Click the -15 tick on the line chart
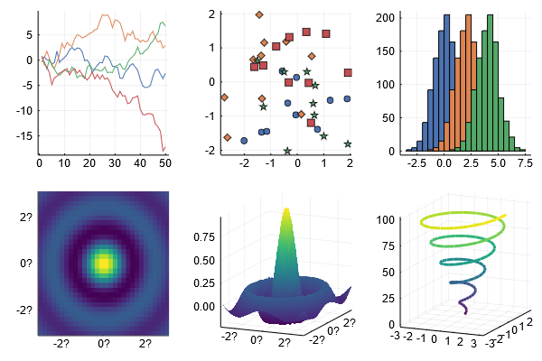pyautogui.click(x=24, y=136)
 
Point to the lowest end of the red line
pyautogui.click(x=164, y=152)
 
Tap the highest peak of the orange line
pyautogui.click(x=105, y=14)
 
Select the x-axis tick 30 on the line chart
pyautogui.click(x=115, y=163)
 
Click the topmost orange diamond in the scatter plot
pyautogui.click(x=259, y=14)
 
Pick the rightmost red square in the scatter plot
pyautogui.click(x=348, y=72)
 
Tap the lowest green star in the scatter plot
pyautogui.click(x=287, y=151)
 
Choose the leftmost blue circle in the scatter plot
pyautogui.click(x=244, y=141)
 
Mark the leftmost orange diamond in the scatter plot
pyautogui.click(x=224, y=97)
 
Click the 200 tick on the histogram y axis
pyautogui.click(x=386, y=18)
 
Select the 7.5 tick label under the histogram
pyautogui.click(x=525, y=163)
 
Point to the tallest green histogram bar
pyautogui.click(x=490, y=83)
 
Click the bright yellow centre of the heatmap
pyautogui.click(x=103, y=264)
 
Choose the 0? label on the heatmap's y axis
pyautogui.click(x=26, y=264)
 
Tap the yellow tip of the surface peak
pyautogui.click(x=286, y=208)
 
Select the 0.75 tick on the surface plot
pyautogui.click(x=204, y=237)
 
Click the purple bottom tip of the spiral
pyautogui.click(x=465, y=313)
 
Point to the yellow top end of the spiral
pyautogui.click(x=505, y=216)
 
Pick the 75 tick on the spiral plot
pyautogui.click(x=388, y=246)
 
